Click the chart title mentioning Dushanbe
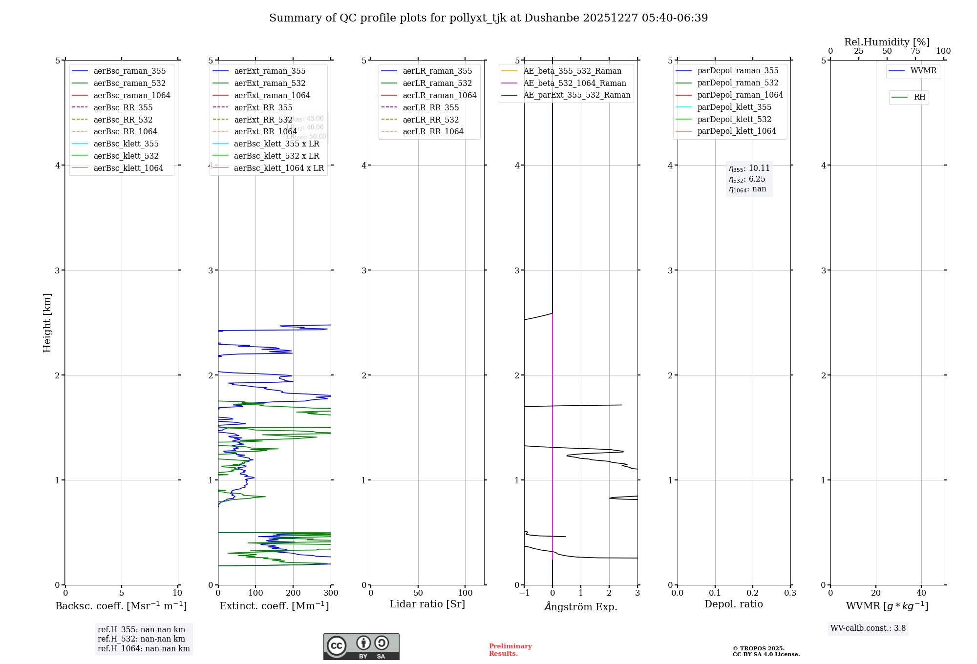pyautogui.click(x=488, y=18)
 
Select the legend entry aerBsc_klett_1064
pyautogui.click(x=128, y=168)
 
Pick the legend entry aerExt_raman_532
pyautogui.click(x=270, y=83)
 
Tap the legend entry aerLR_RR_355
pyautogui.click(x=430, y=107)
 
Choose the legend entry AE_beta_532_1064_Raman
pyautogui.click(x=574, y=83)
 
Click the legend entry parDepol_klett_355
pyautogui.click(x=734, y=107)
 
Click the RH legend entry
pyautogui.click(x=919, y=97)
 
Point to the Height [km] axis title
pyautogui.click(x=47, y=322)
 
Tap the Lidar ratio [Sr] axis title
pyautogui.click(x=427, y=604)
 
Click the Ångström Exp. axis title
pyautogui.click(x=581, y=606)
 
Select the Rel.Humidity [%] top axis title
pyautogui.click(x=887, y=42)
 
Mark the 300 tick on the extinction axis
pyautogui.click(x=331, y=593)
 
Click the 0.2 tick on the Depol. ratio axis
pyautogui.click(x=753, y=593)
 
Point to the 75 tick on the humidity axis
pyautogui.click(x=915, y=51)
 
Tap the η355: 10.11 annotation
pyautogui.click(x=749, y=168)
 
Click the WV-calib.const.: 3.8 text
pyautogui.click(x=868, y=628)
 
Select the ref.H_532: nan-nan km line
pyautogui.click(x=141, y=639)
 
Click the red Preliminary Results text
pyautogui.click(x=510, y=649)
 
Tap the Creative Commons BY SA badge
pyautogui.click(x=361, y=646)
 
